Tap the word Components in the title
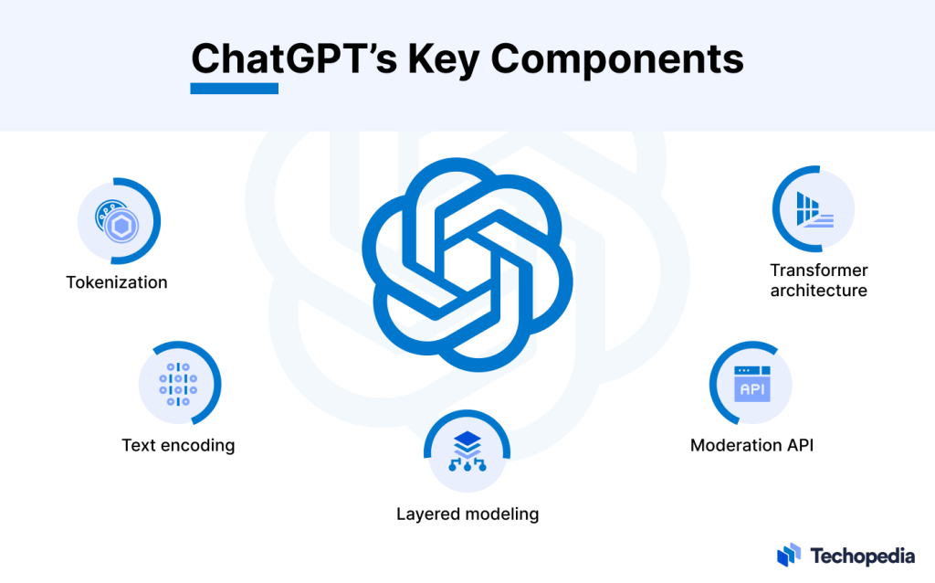pos(619,58)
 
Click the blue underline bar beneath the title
pos(234,89)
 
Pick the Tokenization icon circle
pos(118,221)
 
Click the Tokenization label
pos(117,282)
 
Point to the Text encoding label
pos(178,446)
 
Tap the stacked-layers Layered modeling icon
pos(467,451)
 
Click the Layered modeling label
pos(467,514)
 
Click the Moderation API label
pos(751,446)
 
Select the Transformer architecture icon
pos(813,209)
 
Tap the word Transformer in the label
pos(819,270)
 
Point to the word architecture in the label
pos(819,291)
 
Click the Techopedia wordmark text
pos(862,554)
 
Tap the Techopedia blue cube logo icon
pos(789,554)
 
